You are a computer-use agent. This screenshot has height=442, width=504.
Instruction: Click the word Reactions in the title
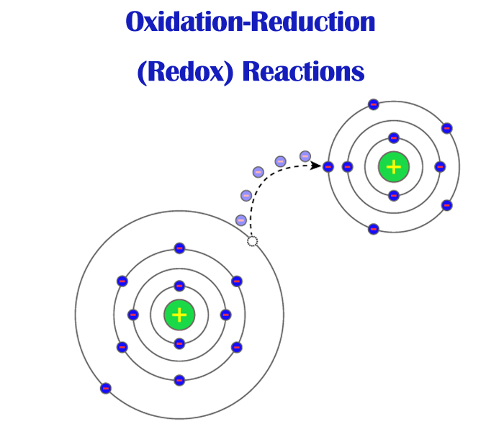point(303,72)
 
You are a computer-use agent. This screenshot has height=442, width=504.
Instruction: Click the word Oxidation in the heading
point(186,22)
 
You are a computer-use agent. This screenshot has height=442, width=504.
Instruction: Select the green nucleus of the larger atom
point(179,315)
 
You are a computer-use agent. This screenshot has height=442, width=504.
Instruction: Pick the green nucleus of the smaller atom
point(393,167)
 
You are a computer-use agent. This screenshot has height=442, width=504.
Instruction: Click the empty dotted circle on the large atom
point(252,241)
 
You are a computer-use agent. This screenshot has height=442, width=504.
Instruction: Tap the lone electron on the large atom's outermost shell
point(106,388)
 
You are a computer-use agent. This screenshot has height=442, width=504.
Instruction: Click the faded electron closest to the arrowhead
point(305,155)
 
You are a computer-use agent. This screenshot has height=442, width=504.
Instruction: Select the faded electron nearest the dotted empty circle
point(241,220)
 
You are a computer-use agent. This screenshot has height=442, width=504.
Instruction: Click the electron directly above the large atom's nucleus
point(179,286)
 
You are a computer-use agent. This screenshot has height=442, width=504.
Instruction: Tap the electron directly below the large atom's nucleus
point(179,343)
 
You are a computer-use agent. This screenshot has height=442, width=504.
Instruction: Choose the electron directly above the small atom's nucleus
point(393,138)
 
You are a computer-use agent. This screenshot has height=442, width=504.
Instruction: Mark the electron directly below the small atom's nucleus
point(393,195)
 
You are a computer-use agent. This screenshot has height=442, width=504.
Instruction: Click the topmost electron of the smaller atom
point(373,104)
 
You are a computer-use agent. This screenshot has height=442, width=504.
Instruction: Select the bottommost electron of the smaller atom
point(373,229)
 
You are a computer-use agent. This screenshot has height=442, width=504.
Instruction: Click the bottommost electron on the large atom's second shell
point(179,379)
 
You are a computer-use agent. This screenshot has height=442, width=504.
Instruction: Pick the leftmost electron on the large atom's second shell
point(122,281)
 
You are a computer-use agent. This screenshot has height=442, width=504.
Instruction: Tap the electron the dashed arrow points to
point(328,166)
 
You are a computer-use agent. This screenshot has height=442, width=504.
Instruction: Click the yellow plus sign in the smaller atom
point(393,167)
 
